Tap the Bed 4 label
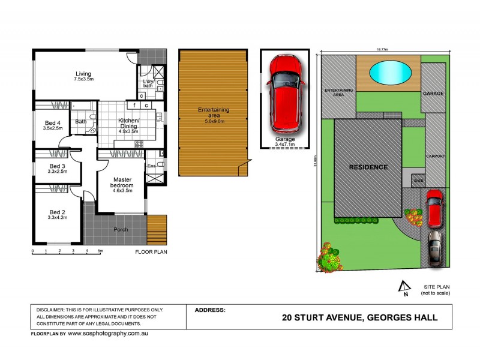click(53, 124)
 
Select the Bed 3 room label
click(58, 166)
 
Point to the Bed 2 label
click(58, 212)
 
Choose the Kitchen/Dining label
click(128, 124)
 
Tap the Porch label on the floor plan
click(121, 229)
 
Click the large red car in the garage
click(284, 94)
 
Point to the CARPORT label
click(436, 156)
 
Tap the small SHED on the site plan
click(417, 179)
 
